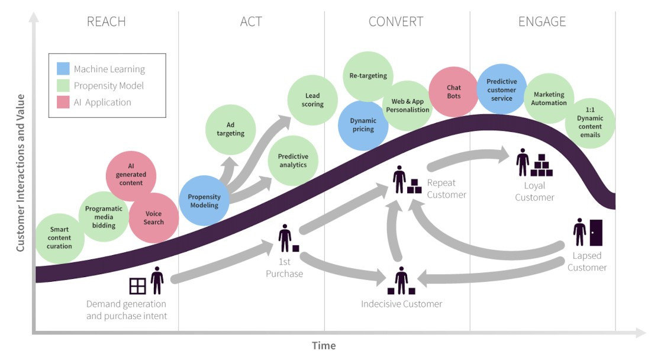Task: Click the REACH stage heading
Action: (x=107, y=21)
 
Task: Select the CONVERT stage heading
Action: (x=396, y=21)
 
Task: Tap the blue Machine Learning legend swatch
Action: (x=63, y=69)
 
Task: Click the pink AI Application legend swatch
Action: (x=63, y=102)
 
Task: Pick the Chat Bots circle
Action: (x=454, y=92)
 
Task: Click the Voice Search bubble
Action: (x=153, y=218)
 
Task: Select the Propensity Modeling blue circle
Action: (x=204, y=201)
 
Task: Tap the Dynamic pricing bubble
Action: (x=363, y=126)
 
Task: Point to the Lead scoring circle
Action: (x=312, y=100)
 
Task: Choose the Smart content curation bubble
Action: (x=59, y=238)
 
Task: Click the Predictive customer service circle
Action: (x=502, y=89)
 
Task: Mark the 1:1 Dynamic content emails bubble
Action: (x=590, y=123)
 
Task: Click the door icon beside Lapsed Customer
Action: (x=596, y=233)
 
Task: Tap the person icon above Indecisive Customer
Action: (x=401, y=280)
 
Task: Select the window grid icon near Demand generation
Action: (x=137, y=286)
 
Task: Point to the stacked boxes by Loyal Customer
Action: (x=541, y=165)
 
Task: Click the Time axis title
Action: (x=324, y=346)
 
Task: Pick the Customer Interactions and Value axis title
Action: (x=20, y=173)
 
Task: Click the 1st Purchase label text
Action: (x=285, y=268)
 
